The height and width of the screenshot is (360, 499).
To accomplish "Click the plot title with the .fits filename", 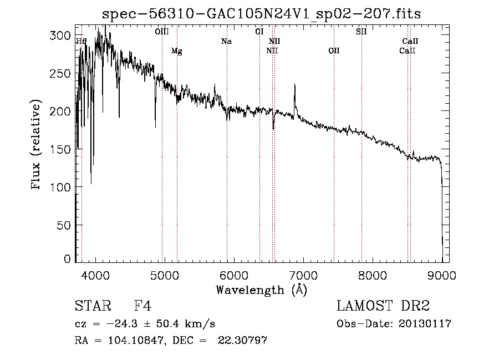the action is pos(261,14).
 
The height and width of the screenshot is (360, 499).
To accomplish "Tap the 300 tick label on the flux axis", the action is pos(60,36).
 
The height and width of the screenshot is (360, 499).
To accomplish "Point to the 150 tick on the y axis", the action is pos(60,149).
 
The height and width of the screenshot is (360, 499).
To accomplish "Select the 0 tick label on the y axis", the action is pos(67,258).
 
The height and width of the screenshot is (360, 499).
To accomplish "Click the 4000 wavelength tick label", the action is pos(95,275).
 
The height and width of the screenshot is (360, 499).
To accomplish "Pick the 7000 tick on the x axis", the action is pos(303,275).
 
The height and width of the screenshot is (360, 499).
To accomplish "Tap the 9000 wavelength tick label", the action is pos(442,275).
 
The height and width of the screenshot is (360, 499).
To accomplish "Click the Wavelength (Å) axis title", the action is pos(262,290).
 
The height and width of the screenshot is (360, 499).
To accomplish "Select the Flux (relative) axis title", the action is pos(35,145).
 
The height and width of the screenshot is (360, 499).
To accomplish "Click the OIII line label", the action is pos(162,32).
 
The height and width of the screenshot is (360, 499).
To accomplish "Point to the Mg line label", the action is pos(177,51).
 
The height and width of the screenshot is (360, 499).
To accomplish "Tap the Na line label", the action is pos(226,41).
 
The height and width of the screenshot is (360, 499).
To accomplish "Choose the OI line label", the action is pos(259,32).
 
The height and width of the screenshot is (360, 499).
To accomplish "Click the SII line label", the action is pos(361,32).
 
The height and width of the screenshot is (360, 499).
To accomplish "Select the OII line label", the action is pos(334,50).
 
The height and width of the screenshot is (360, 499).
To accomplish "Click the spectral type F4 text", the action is pos(142,306).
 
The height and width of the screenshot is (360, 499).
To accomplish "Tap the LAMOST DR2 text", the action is pos(383,306).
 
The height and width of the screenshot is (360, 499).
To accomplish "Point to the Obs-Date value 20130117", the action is pos(425,324).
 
